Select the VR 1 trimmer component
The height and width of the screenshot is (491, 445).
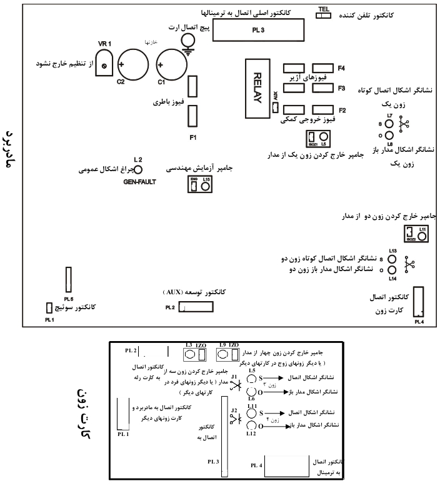point(104,64)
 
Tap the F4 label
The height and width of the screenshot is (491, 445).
point(342,68)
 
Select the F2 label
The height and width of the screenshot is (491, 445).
point(342,110)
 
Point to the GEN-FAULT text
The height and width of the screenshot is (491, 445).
point(139,182)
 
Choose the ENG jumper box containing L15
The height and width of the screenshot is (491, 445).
point(200,184)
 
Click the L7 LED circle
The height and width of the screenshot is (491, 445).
point(389,123)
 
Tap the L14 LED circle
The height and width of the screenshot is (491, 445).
point(392,270)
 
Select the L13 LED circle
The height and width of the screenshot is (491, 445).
point(392,257)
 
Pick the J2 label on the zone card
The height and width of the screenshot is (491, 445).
point(234,410)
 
